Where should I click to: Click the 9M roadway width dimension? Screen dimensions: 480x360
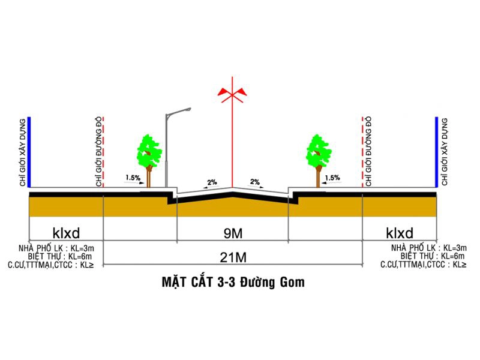coord(233,234)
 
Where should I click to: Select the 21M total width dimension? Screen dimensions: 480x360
coord(233,258)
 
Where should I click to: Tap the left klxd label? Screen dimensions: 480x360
coord(66,233)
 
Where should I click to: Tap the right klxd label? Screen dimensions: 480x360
coord(400,233)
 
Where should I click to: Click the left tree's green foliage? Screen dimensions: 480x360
coord(149,151)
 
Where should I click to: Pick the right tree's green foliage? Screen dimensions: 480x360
coord(319,151)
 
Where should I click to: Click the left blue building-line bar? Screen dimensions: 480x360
coord(29,152)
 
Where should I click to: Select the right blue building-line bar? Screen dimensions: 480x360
coord(437,152)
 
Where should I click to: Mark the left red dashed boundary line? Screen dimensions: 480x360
coord(103,152)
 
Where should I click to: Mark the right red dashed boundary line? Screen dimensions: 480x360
coord(362,152)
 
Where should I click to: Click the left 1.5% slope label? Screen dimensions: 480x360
coord(133,178)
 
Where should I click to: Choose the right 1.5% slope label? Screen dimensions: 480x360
coord(332,178)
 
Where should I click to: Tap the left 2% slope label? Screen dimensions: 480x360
coord(212,182)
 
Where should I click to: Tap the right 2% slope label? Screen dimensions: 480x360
coord(254,182)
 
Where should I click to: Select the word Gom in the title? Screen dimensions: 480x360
coord(292,282)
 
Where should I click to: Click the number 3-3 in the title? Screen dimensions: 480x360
coord(226,282)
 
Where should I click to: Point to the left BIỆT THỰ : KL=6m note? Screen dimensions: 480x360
coord(59,256)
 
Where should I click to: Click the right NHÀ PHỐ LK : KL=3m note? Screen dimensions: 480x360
coord(429,248)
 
